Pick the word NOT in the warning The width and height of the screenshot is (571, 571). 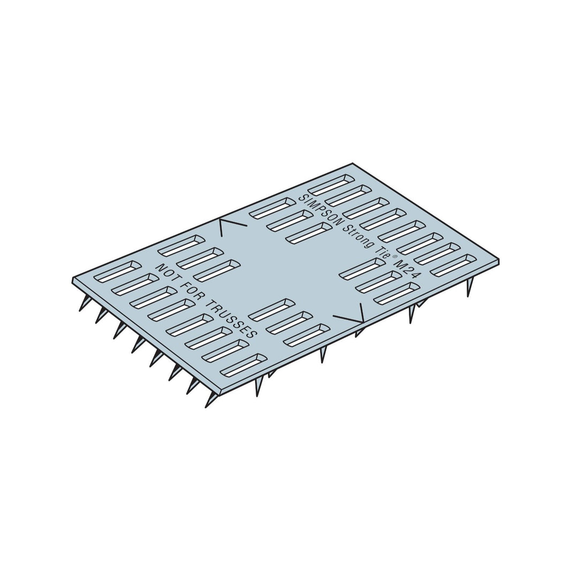[x=168, y=273]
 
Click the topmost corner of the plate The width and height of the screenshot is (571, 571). [x=352, y=163]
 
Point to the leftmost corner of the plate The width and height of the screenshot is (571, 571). [x=73, y=279]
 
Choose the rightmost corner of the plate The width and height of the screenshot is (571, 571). [x=499, y=260]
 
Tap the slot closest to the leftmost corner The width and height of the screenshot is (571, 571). [x=117, y=272]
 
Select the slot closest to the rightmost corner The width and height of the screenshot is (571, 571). [x=453, y=266]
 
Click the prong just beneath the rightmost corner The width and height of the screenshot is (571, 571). [x=470, y=287]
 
